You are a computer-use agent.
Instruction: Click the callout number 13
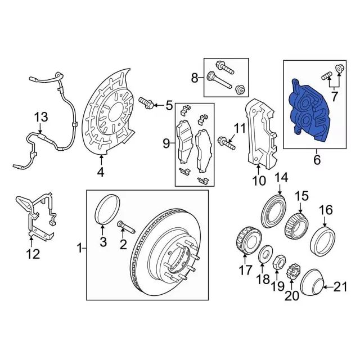[41, 118]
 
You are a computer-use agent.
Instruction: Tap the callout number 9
[166, 145]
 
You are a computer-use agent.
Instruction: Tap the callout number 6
[317, 160]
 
